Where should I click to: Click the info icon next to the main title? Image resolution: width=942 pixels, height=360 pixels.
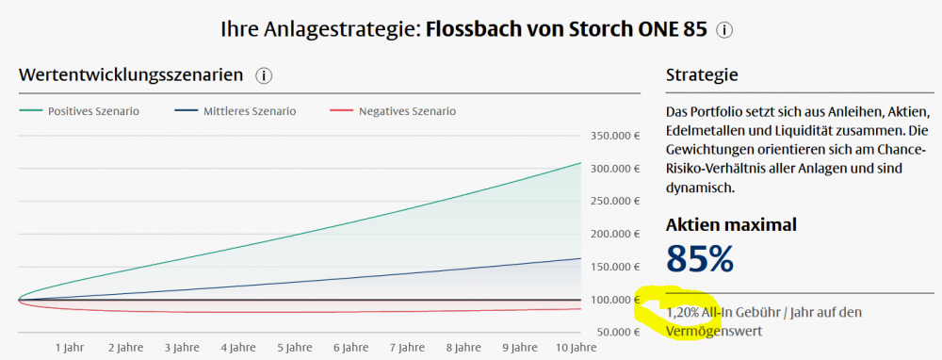pyautogui.click(x=724, y=30)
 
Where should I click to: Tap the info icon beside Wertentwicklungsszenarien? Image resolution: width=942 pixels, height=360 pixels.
pyautogui.click(x=264, y=75)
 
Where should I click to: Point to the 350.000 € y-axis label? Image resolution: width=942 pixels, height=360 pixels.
pyautogui.click(x=615, y=136)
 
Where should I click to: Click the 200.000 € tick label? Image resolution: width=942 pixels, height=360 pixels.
pyautogui.click(x=615, y=234)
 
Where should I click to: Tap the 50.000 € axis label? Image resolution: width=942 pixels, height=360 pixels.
pyautogui.click(x=618, y=333)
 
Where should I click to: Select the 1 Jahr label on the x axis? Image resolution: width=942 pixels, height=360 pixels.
pyautogui.click(x=71, y=348)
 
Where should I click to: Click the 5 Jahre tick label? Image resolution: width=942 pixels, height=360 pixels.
pyautogui.click(x=295, y=348)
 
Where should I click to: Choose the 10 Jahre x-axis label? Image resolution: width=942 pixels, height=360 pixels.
pyautogui.click(x=576, y=348)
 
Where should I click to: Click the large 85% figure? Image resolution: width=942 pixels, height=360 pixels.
pyautogui.click(x=700, y=258)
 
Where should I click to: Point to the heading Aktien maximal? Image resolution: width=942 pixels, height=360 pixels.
pyautogui.click(x=731, y=225)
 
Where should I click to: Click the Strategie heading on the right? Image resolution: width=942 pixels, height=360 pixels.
pyautogui.click(x=702, y=75)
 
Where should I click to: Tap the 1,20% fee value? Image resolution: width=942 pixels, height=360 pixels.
pyautogui.click(x=683, y=313)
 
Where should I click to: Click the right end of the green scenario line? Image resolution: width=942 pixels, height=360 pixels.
pyautogui.click(x=581, y=163)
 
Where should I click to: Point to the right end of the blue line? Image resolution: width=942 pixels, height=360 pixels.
pyautogui.click(x=581, y=258)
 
